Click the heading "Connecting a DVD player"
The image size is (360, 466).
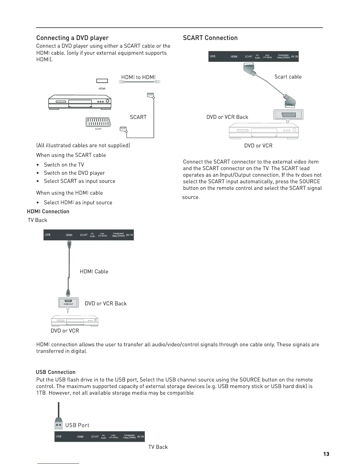pos(72,38)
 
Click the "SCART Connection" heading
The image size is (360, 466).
pos(210,38)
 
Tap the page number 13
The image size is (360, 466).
pos(326,454)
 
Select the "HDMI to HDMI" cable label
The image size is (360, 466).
pos(138,77)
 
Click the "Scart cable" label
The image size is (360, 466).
pos(288,77)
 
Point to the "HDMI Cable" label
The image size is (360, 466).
pos(94,272)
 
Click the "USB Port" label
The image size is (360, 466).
pos(77,425)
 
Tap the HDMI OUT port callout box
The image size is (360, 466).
pos(68,303)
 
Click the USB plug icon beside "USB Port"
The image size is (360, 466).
pos(59,424)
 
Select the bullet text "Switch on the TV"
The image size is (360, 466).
pos(64,165)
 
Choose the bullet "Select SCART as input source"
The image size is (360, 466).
pos(79,181)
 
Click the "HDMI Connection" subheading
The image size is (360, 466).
pos(48,212)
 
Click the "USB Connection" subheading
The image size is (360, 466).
pos(56,372)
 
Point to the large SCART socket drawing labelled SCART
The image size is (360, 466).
pos(98,122)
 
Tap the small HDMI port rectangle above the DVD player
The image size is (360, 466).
pos(102,81)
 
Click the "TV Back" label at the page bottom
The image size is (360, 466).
pos(158,447)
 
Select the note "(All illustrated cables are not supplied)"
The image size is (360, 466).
pos(83,145)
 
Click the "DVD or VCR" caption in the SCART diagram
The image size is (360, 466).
pos(258,146)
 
